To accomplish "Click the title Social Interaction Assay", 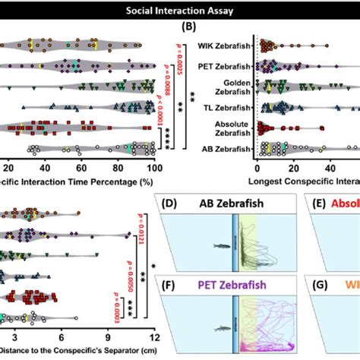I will point(179,11).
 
